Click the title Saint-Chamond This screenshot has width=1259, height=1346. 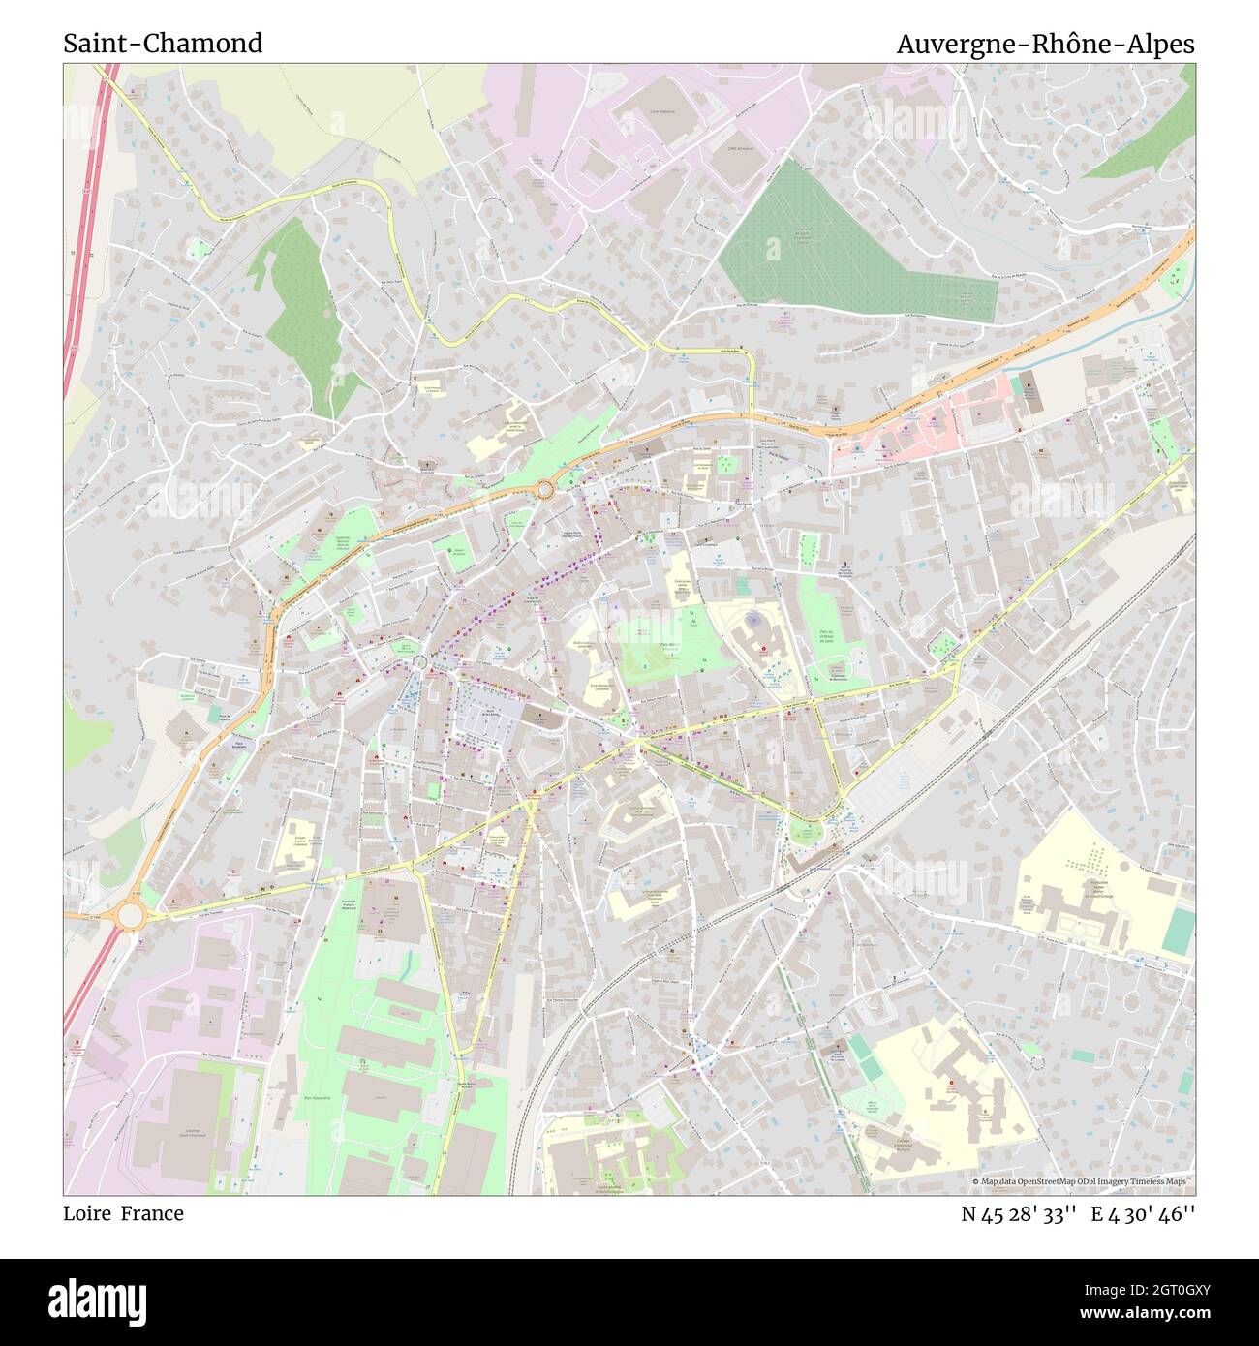[x=163, y=44]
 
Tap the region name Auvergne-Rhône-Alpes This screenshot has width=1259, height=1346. [x=1045, y=44]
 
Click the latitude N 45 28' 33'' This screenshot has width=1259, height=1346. [x=1018, y=1213]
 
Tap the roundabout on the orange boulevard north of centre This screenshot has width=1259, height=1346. [x=545, y=490]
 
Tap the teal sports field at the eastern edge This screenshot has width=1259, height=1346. [x=1178, y=931]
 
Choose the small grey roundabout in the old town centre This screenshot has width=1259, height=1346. [x=420, y=662]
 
